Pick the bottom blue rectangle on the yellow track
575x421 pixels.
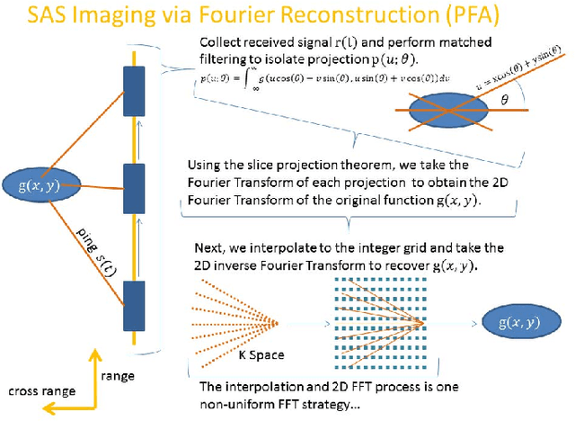pyautogui.click(x=134, y=305)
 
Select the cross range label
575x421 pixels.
pyautogui.click(x=40, y=391)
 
